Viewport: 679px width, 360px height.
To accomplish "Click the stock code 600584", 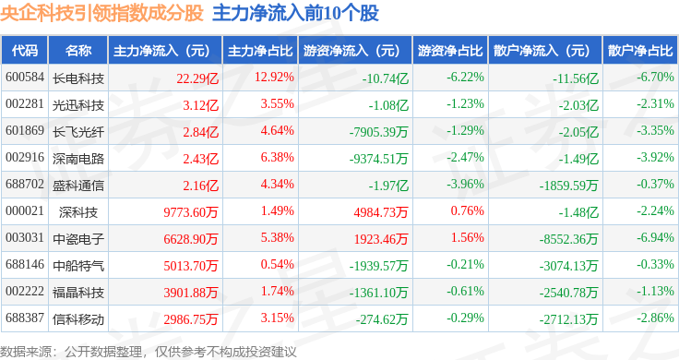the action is pyautogui.click(x=25, y=78).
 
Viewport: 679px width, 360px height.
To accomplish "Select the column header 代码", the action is pyautogui.click(x=25, y=51).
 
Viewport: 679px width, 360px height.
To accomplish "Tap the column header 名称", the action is pyautogui.click(x=78, y=51).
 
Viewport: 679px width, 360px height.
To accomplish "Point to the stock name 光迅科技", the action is pyautogui.click(x=78, y=105).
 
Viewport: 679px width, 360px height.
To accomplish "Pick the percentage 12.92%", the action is pyautogui.click(x=274, y=78).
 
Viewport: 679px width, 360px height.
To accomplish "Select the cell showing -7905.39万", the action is pyautogui.click(x=379, y=132).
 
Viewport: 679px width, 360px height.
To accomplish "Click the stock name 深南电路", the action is pyautogui.click(x=78, y=159).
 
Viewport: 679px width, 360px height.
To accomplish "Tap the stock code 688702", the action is pyautogui.click(x=25, y=184).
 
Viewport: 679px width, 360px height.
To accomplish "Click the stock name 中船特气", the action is pyautogui.click(x=78, y=266).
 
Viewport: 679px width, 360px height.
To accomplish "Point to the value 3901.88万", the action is pyautogui.click(x=191, y=293).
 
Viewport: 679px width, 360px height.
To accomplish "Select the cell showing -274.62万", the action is pyautogui.click(x=382, y=319).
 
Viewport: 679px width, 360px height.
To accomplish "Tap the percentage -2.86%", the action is pyautogui.click(x=655, y=318).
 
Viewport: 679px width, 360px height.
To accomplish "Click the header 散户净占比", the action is pyautogui.click(x=640, y=51).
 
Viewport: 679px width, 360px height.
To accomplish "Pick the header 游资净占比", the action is pyautogui.click(x=450, y=51).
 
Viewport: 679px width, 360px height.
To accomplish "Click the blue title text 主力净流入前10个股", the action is pyautogui.click(x=296, y=13).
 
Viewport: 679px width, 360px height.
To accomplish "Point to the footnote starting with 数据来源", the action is pyautogui.click(x=149, y=352).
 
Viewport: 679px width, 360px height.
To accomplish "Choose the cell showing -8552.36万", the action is pyautogui.click(x=569, y=239).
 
